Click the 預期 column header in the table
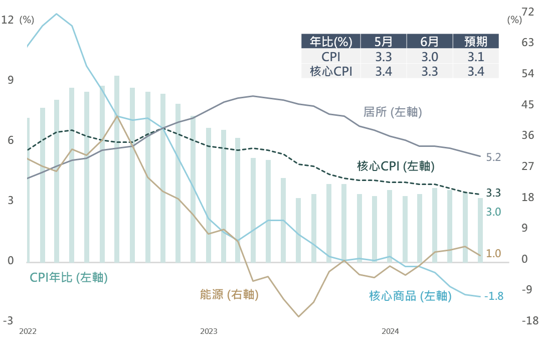476,41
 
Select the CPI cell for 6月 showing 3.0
430,56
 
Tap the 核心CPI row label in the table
331,71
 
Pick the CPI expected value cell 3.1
476,56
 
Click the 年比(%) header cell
331,41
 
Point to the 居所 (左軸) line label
393,112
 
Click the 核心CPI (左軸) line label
396,166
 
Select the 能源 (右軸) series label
229,295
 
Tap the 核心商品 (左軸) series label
410,296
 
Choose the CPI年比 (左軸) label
69,277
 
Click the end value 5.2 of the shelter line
493,157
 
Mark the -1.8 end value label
494,296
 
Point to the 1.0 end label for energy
493,254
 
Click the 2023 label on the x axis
209,331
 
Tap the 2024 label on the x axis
390,331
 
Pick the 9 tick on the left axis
10,80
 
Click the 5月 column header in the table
384,41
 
